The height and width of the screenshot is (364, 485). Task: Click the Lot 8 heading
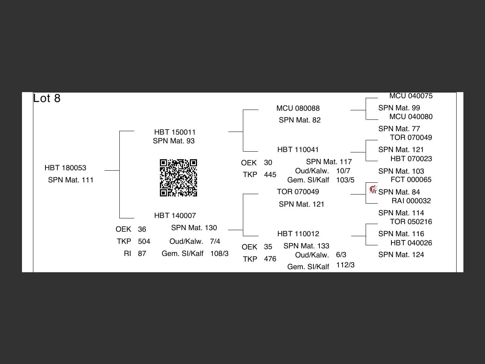tap(47, 98)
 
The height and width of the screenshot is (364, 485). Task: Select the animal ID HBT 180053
tap(66, 168)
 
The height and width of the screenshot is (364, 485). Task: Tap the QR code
tap(178, 178)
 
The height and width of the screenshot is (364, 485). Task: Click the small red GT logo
tap(373, 190)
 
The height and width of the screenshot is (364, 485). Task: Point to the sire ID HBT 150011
tap(175, 132)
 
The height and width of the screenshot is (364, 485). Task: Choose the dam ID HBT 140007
tap(175, 215)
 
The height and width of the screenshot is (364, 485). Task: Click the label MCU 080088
tap(298, 108)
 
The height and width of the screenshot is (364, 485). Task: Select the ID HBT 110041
tap(298, 150)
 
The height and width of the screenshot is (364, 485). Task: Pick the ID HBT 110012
tap(298, 234)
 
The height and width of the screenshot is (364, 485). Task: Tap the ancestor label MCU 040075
tap(411, 96)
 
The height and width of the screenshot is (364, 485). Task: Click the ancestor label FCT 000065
tap(411, 179)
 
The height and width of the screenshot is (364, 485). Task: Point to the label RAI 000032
tap(411, 201)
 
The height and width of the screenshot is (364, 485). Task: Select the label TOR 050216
tap(411, 221)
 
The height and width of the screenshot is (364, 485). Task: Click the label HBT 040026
tap(411, 243)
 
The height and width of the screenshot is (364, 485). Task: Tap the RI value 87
tap(142, 254)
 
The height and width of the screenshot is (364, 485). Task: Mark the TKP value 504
tap(144, 242)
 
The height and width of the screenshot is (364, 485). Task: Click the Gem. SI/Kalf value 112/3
tap(345, 265)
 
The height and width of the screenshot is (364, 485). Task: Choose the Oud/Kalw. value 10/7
tap(343, 171)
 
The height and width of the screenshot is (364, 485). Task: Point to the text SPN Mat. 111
tap(71, 180)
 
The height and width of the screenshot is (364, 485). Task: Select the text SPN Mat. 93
tap(174, 141)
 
